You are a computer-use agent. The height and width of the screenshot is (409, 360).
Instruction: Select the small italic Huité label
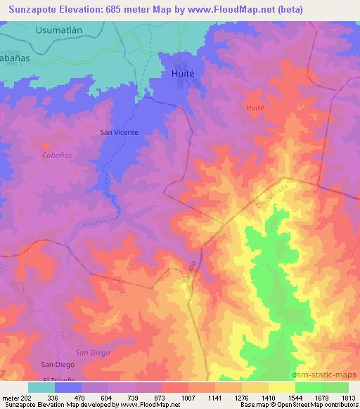pyautogui.click(x=255, y=108)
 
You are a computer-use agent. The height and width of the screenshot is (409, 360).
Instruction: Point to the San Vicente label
pyautogui.click(x=119, y=131)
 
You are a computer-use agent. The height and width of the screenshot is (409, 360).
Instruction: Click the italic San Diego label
pyautogui.click(x=91, y=353)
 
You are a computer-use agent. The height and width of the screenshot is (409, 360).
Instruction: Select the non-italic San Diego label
pyautogui.click(x=57, y=364)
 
